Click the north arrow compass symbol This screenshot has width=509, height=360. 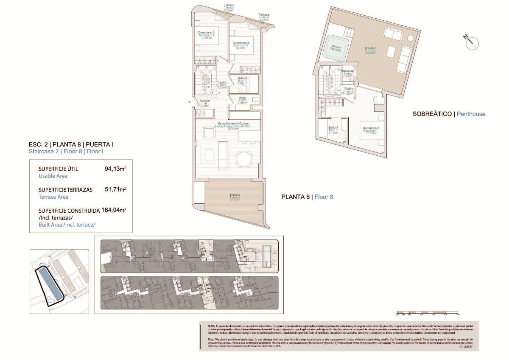[471, 42]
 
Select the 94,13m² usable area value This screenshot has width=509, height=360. [115, 169]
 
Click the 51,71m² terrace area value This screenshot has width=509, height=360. [115, 190]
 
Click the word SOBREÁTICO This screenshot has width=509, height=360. [432, 114]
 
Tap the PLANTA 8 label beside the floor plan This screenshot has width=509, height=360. [296, 197]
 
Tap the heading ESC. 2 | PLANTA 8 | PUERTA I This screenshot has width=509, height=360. [71, 144]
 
